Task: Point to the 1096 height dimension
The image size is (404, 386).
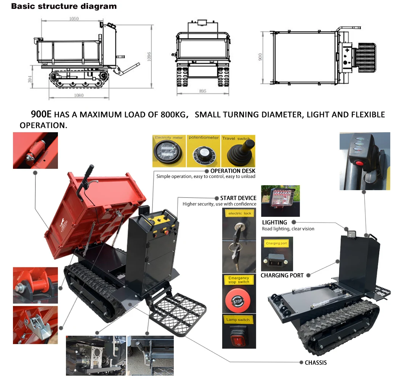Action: pos(149,56)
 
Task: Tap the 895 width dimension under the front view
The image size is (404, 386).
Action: pos(202,91)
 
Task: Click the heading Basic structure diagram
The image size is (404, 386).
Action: pos(64,6)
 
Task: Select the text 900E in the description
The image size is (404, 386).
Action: pos(42,114)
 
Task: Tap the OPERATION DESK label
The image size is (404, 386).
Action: pos(233,171)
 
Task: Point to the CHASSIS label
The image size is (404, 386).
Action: pos(316,362)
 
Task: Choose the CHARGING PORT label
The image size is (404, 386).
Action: pos(282,275)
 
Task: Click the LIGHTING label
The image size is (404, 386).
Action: pos(274,222)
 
